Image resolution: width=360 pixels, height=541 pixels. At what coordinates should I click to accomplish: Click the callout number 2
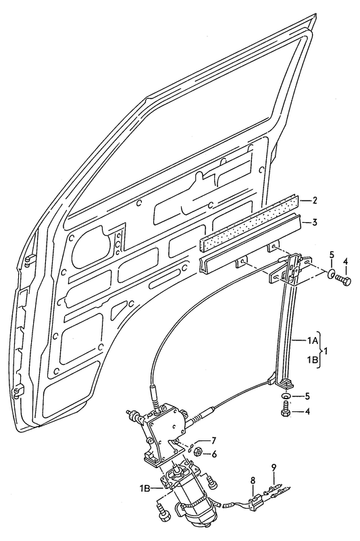314,201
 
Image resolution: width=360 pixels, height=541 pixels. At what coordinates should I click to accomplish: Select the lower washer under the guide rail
287,396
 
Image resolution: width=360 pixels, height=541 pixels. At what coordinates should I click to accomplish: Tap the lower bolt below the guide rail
286,409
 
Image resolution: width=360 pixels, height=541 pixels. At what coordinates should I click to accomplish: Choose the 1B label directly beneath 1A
313,361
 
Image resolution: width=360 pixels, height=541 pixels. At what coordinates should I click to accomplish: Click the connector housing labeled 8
256,501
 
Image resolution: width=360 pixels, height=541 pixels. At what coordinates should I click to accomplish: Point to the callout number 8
253,481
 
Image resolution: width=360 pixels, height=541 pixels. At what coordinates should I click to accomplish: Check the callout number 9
274,467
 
